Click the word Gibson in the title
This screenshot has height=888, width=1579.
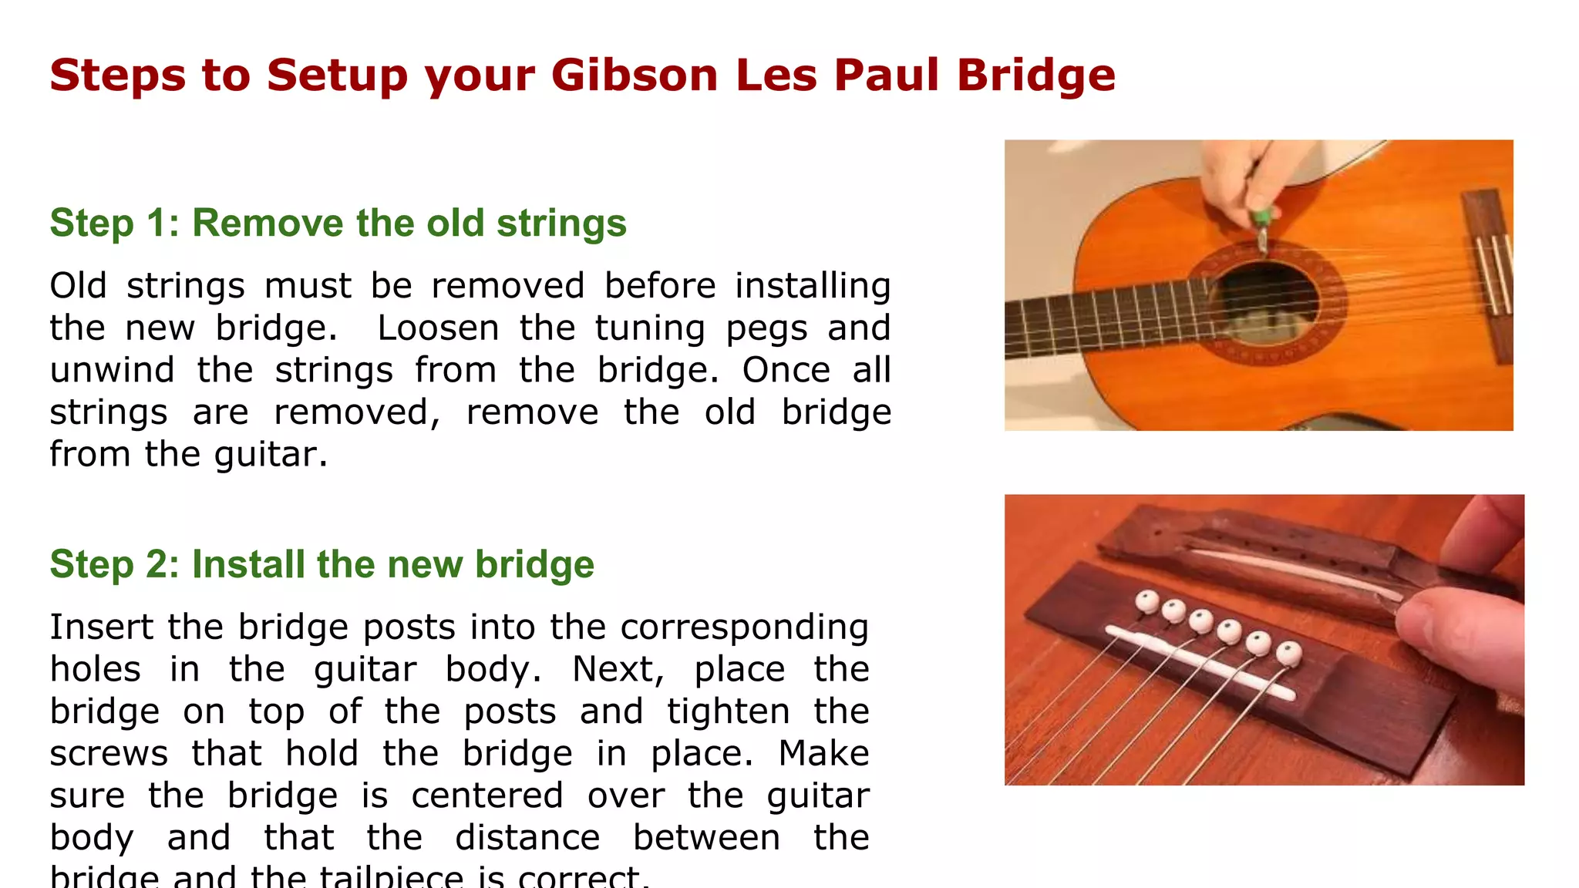(635, 76)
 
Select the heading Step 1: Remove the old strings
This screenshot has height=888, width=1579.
(338, 224)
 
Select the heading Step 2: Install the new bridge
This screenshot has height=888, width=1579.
(322, 564)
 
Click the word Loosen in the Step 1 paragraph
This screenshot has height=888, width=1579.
(438, 328)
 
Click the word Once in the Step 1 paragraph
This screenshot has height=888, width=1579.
(786, 370)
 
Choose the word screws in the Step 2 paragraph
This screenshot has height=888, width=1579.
(109, 754)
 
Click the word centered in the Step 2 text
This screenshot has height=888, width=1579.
(486, 795)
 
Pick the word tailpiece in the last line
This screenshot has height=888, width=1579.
(391, 877)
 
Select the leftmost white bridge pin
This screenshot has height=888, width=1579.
(1146, 601)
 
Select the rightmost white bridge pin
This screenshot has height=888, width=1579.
(1288, 655)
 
